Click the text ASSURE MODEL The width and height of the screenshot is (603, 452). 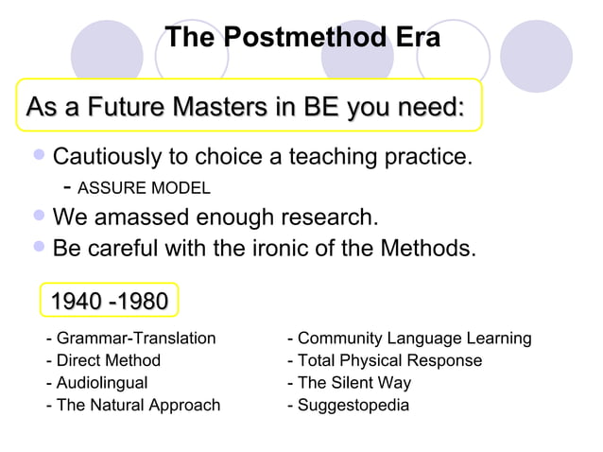[x=142, y=186]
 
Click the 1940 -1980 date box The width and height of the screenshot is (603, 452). [x=109, y=302]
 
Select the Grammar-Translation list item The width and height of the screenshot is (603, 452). [x=131, y=339]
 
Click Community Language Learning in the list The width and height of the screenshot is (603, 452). [x=408, y=339]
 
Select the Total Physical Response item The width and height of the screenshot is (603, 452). [x=385, y=360]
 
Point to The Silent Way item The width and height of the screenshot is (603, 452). [x=349, y=383]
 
